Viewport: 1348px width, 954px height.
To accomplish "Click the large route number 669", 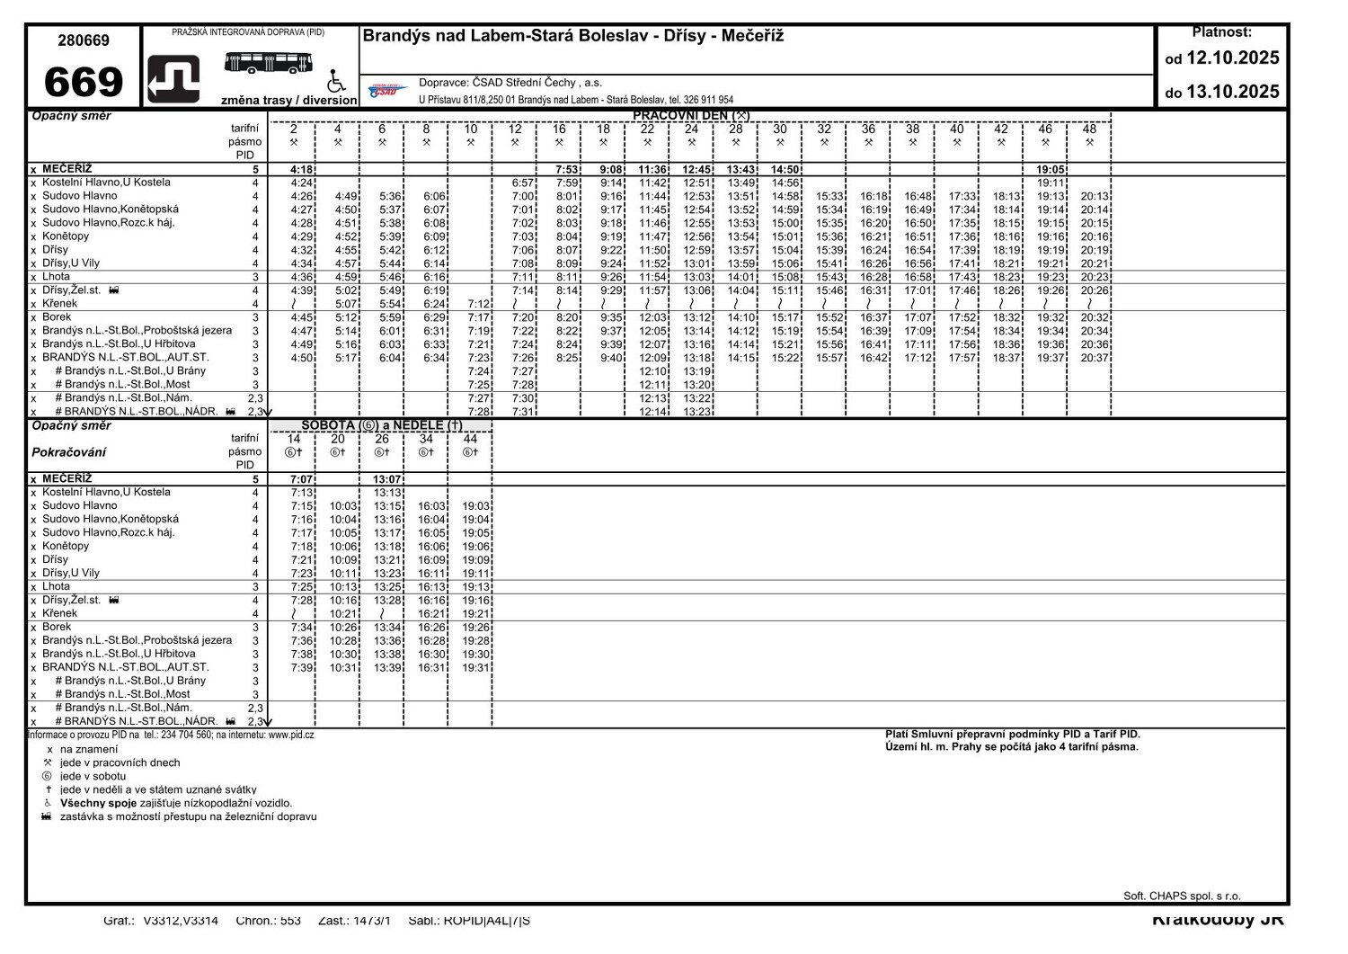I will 83,82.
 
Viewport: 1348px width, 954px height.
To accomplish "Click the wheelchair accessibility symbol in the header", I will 336,81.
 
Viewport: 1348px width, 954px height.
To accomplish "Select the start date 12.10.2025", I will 1232,58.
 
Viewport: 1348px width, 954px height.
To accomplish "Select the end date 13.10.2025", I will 1232,92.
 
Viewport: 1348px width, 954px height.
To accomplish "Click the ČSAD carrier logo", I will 388,90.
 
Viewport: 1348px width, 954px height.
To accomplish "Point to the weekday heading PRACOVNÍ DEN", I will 690,115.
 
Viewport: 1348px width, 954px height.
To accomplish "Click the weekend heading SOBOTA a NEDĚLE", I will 382,425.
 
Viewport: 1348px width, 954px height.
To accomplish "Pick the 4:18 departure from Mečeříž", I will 302,169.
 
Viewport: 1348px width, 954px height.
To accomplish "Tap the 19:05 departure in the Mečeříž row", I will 1051,169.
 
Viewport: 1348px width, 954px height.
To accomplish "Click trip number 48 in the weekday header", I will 1089,129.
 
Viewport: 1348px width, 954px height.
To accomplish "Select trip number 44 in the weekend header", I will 470,439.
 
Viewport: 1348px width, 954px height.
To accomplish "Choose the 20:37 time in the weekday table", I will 1095,358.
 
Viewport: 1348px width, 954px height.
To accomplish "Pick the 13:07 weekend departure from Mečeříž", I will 387,479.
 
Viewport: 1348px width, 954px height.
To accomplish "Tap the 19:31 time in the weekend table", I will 475,668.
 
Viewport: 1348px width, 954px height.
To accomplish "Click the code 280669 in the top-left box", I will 84,40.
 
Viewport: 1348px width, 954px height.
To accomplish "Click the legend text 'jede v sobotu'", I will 93,776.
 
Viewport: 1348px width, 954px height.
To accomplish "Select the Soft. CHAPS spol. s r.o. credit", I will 1182,896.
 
